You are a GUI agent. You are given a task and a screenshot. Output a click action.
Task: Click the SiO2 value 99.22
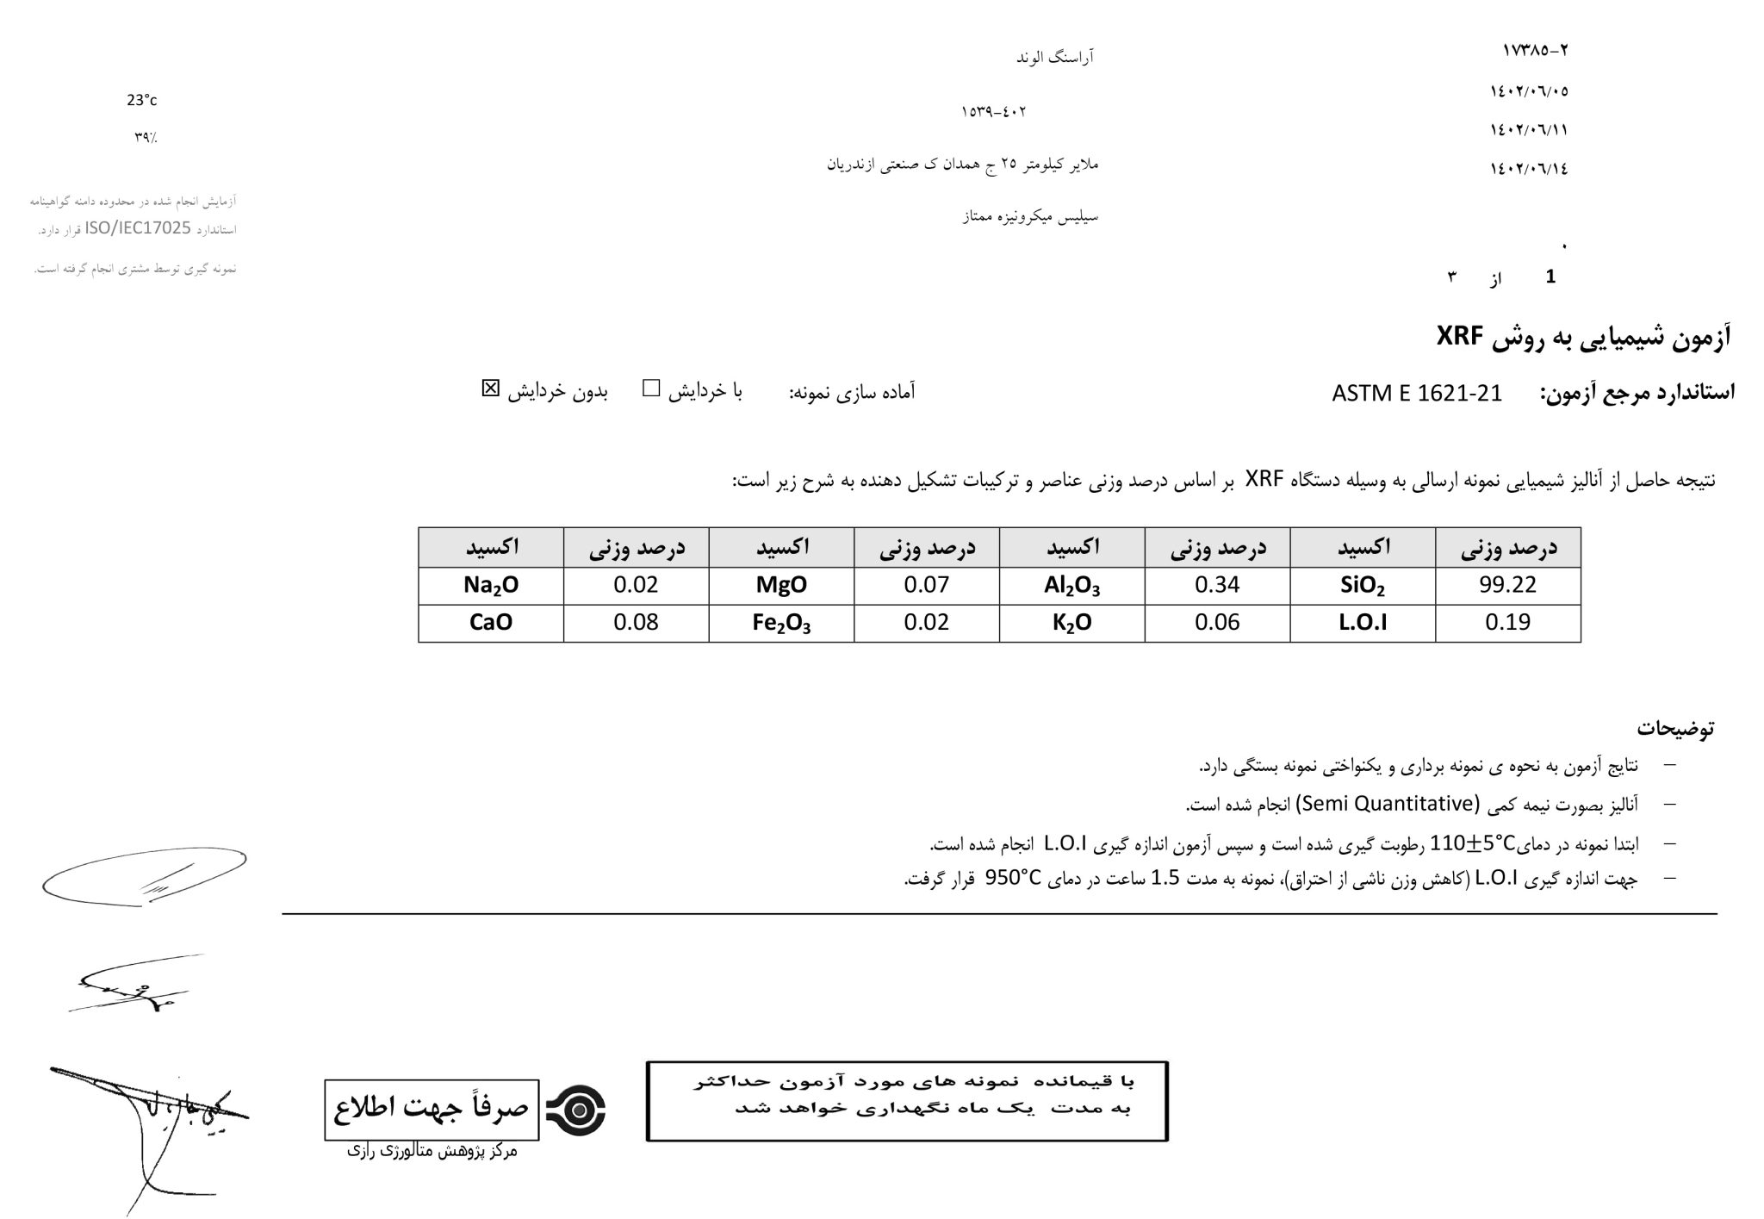point(1507,585)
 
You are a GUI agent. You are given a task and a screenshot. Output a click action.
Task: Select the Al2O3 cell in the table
point(1071,586)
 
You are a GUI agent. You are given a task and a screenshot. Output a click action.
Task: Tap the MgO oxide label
point(781,585)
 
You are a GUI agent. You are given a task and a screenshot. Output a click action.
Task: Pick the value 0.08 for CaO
point(636,622)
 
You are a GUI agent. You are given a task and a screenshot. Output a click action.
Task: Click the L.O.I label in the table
point(1363,622)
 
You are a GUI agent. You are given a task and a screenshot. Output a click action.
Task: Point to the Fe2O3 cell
point(781,623)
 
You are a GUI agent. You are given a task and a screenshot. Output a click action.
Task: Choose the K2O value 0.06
point(1217,622)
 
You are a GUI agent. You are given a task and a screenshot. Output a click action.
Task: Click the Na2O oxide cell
point(491,586)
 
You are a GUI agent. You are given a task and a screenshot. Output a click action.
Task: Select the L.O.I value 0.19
point(1507,622)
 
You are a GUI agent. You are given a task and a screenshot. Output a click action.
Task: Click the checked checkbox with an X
point(490,389)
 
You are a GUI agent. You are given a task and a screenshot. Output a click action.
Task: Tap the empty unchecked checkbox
point(651,389)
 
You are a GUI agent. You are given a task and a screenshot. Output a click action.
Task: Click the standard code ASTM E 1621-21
point(1416,394)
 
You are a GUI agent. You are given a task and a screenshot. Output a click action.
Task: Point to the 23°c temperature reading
point(142,101)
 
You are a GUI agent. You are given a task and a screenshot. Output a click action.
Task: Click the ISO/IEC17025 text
point(138,228)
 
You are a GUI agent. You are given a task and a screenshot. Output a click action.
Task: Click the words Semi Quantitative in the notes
point(1386,804)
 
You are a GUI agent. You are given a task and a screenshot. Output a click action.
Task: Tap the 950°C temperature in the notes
point(1013,878)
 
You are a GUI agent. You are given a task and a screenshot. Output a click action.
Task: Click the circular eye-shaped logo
point(576,1110)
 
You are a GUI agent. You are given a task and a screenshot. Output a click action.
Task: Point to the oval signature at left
point(144,876)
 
